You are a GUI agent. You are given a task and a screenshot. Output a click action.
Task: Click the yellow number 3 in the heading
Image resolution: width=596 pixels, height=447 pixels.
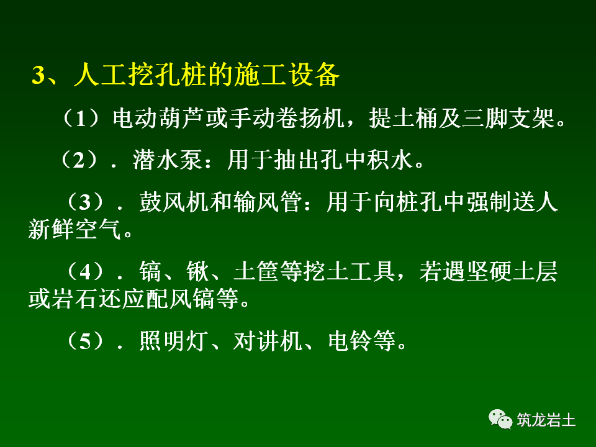(38, 76)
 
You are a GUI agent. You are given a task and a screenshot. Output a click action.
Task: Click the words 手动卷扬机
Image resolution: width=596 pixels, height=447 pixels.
(286, 118)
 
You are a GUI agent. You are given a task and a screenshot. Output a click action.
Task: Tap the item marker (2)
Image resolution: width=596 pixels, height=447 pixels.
(79, 161)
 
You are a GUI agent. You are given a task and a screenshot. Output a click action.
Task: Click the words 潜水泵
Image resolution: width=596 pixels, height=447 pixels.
(167, 161)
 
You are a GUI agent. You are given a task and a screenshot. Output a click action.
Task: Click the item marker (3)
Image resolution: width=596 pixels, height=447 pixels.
(87, 202)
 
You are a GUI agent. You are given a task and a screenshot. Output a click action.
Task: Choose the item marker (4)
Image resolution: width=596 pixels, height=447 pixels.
(87, 272)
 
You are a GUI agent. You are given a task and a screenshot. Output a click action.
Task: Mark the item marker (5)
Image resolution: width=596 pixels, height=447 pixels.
(87, 341)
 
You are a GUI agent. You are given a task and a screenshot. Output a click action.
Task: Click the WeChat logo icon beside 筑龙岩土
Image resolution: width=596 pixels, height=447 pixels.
(500, 419)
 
